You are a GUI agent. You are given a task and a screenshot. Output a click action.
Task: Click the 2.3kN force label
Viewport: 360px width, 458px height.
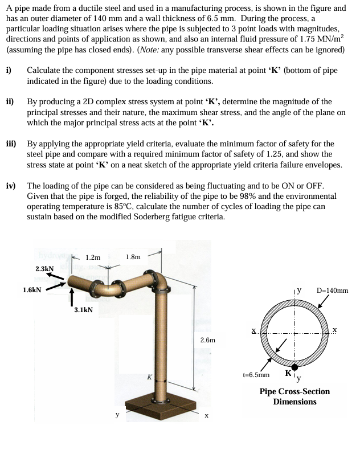pos(44,268)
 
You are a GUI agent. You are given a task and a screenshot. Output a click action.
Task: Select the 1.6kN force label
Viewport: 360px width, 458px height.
pos(32,290)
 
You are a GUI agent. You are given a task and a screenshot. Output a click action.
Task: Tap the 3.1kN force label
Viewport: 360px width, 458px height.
pos(84,310)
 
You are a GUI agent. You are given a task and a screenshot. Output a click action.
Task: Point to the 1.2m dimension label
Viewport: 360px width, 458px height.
pos(93,257)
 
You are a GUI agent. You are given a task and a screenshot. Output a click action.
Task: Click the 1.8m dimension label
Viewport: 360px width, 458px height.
pos(133,257)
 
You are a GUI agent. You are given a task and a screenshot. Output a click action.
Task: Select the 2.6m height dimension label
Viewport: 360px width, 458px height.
pos(208,340)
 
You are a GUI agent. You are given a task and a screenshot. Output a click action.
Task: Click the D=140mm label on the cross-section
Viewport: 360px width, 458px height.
pos(332,290)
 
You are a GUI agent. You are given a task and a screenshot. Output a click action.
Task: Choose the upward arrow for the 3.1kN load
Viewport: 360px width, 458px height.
pos(72,297)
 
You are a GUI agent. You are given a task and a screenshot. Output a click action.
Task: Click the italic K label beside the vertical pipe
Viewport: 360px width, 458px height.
pos(149,377)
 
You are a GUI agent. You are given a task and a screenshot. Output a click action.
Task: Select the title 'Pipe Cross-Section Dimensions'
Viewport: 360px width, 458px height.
pos(294,396)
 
